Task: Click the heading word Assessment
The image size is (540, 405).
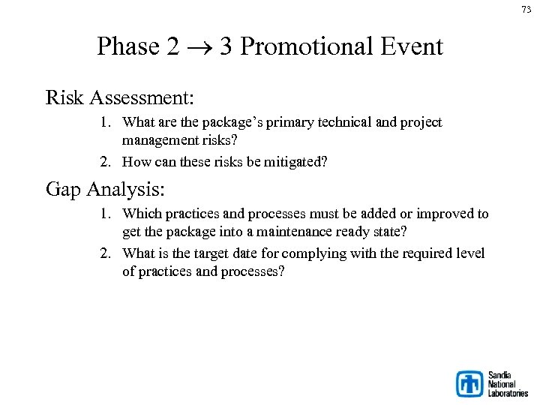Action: (146, 98)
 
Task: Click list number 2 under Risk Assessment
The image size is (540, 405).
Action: (106, 161)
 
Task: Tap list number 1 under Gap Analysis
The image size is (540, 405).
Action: (106, 214)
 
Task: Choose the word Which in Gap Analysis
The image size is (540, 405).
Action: (140, 214)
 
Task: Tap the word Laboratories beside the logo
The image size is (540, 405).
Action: (508, 393)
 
